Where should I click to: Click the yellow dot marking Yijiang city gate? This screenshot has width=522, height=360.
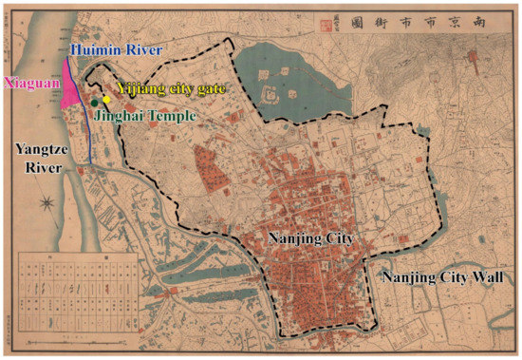(x=108, y=100)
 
